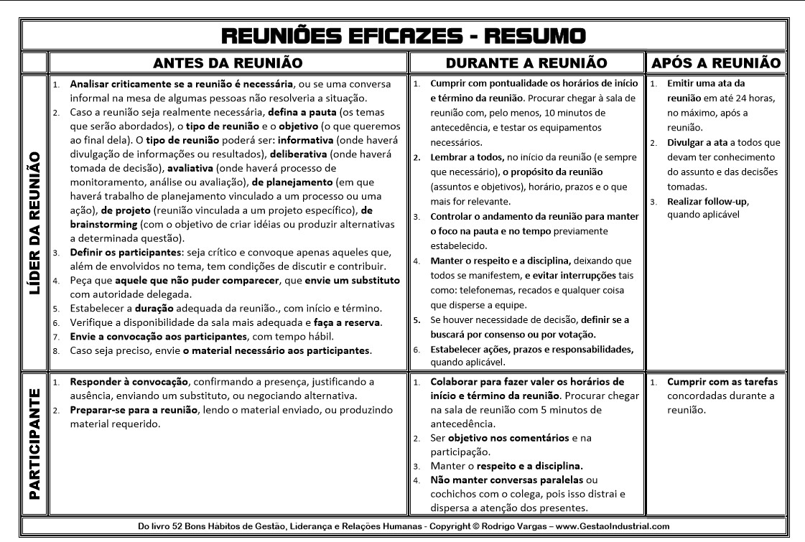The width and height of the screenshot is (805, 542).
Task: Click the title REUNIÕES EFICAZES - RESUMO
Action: pos(402,35)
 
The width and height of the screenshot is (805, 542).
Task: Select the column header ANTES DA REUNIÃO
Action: pos(227,63)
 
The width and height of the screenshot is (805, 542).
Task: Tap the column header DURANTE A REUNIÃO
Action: pos(526,63)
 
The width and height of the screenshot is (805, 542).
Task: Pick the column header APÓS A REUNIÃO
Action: pos(715,63)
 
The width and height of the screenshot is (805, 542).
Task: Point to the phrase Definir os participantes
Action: pos(126,253)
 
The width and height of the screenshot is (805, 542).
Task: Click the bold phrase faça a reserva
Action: pos(347,322)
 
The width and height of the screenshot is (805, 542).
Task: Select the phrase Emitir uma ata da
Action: pos(706,84)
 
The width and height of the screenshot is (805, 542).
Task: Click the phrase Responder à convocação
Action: pos(129,382)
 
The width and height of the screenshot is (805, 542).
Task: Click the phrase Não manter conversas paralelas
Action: pos(507,480)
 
